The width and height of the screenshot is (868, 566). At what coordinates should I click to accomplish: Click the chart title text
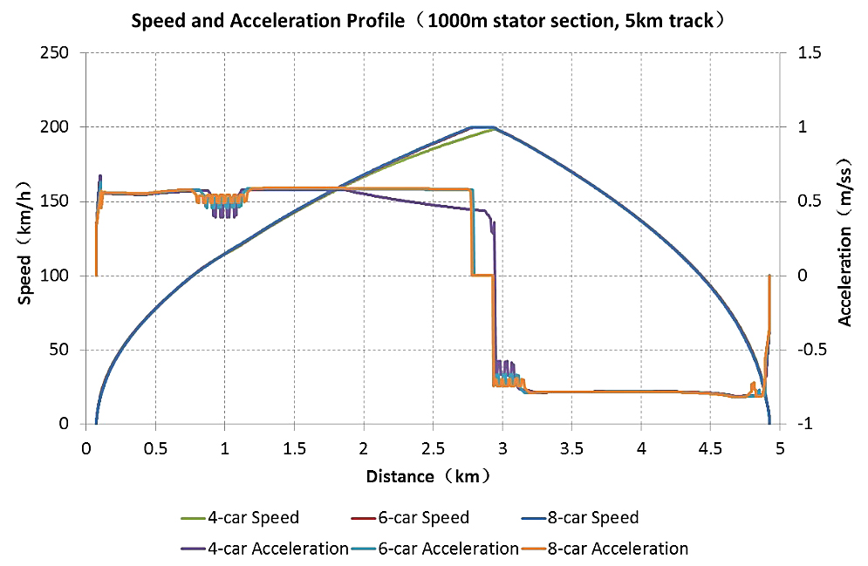coord(434,21)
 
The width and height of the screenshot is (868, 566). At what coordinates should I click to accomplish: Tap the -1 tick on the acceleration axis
coord(804,424)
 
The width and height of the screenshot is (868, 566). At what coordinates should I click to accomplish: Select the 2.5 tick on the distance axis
coord(433,448)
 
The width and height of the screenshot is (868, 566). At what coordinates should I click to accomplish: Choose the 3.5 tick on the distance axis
coord(571,448)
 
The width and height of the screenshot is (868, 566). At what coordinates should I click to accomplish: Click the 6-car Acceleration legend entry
coord(455,549)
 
